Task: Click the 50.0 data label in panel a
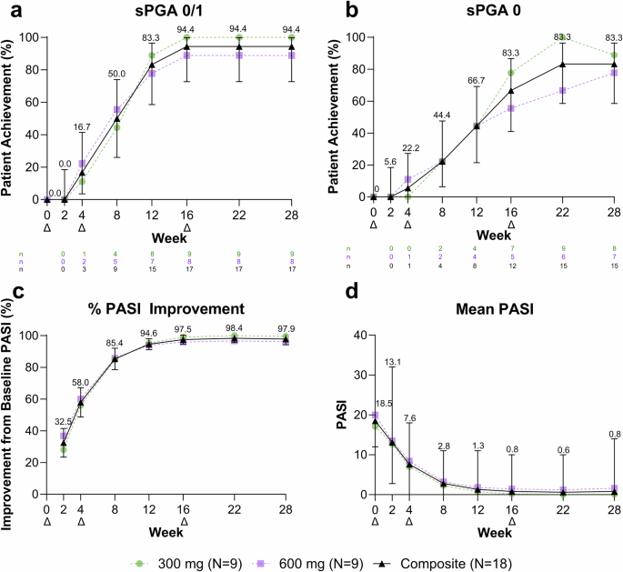coord(117,73)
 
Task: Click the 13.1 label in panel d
coord(393,362)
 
